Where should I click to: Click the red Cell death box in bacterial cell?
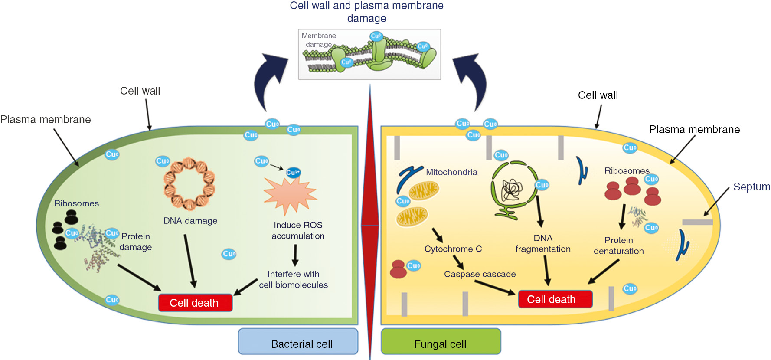tap(195, 303)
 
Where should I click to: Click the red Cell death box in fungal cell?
tap(555, 299)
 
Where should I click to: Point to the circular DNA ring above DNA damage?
tap(189, 184)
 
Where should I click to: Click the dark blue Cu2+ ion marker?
tap(293, 172)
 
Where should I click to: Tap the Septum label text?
tap(751, 187)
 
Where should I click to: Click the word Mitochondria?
tap(451, 172)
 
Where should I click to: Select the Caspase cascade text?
tap(480, 274)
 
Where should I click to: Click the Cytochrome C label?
tap(453, 249)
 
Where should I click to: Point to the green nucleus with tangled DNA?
tap(513, 189)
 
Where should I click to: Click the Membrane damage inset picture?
tap(369, 54)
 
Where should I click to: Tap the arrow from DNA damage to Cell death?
tap(190, 260)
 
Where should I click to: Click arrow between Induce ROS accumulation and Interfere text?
tap(295, 255)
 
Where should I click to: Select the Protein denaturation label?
tap(618, 245)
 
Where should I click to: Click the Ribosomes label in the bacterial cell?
tap(76, 203)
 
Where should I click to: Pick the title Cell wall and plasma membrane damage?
tap(366, 12)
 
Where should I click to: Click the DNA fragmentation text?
tap(543, 243)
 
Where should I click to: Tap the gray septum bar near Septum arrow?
tap(697, 222)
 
